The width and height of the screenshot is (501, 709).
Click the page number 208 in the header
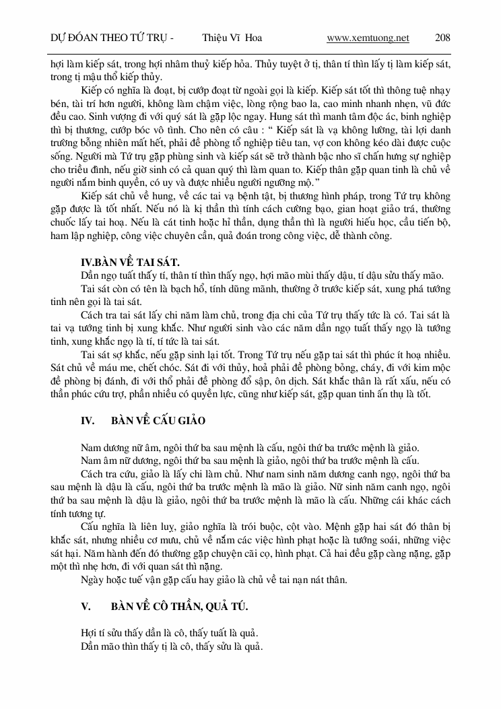pos(442,38)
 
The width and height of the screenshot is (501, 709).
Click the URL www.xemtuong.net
pos(368,38)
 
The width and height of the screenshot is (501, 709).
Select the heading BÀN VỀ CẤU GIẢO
pos(158,420)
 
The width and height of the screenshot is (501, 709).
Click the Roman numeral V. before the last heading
pos(86,607)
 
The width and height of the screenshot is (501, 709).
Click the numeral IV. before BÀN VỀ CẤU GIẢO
pos(88,420)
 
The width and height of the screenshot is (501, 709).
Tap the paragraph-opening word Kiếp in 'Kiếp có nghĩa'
pos(90,90)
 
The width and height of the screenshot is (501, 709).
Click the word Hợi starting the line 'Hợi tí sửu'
pos(89,633)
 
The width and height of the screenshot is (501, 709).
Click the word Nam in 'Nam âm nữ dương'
pos(90,461)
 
